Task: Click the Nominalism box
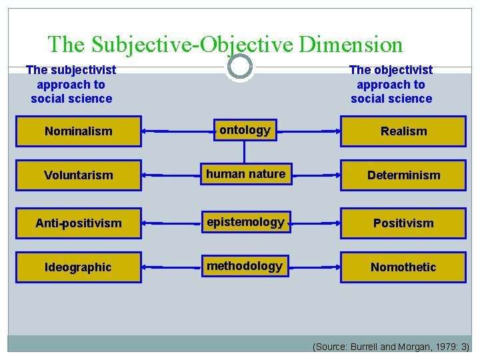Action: [79, 131]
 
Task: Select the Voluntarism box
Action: [79, 175]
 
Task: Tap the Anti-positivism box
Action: [79, 223]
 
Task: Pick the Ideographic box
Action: [79, 267]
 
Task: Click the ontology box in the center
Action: [245, 131]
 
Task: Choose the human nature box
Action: [245, 175]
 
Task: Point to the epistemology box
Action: [245, 223]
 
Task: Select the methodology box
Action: [245, 267]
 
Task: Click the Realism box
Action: [403, 131]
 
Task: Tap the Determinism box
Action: [403, 175]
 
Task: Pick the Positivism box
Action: [403, 223]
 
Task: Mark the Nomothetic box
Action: [403, 267]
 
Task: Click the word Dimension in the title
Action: [351, 45]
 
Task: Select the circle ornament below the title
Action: [239, 67]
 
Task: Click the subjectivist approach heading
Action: [71, 84]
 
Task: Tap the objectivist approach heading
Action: [391, 84]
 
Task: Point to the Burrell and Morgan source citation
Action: [391, 347]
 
